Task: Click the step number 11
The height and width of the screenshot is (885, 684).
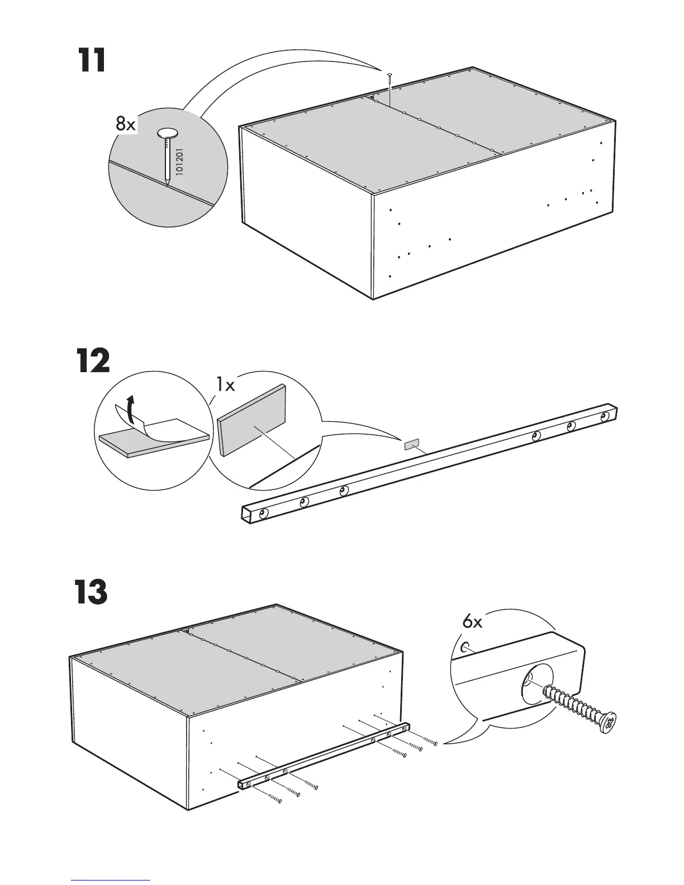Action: [x=92, y=61]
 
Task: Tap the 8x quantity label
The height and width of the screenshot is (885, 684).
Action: [x=126, y=124]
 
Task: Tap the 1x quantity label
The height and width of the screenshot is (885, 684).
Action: [x=226, y=384]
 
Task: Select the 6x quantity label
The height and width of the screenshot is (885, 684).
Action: [x=472, y=622]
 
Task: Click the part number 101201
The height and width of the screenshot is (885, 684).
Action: [x=179, y=163]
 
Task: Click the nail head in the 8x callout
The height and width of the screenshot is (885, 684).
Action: [x=168, y=133]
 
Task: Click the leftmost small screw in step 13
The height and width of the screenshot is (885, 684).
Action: [x=274, y=800]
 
